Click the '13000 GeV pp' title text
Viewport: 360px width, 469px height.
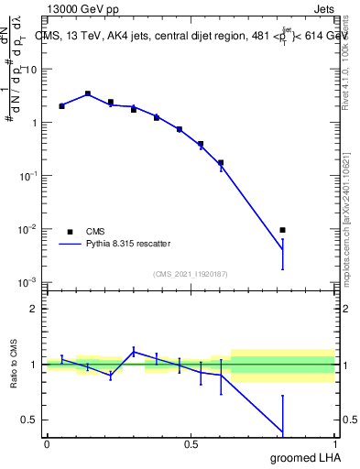(x=82, y=10)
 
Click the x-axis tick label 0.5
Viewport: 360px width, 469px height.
(x=191, y=444)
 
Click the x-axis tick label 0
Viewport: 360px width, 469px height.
(x=47, y=444)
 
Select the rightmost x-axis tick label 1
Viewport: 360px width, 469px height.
(x=334, y=444)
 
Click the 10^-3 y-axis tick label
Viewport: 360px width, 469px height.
(x=29, y=281)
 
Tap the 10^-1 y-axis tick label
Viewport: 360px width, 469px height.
(x=29, y=175)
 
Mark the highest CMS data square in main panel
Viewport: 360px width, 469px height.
(x=88, y=93)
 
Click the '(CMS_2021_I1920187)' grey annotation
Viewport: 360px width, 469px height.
(x=190, y=273)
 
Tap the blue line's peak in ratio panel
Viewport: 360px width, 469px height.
(x=134, y=350)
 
